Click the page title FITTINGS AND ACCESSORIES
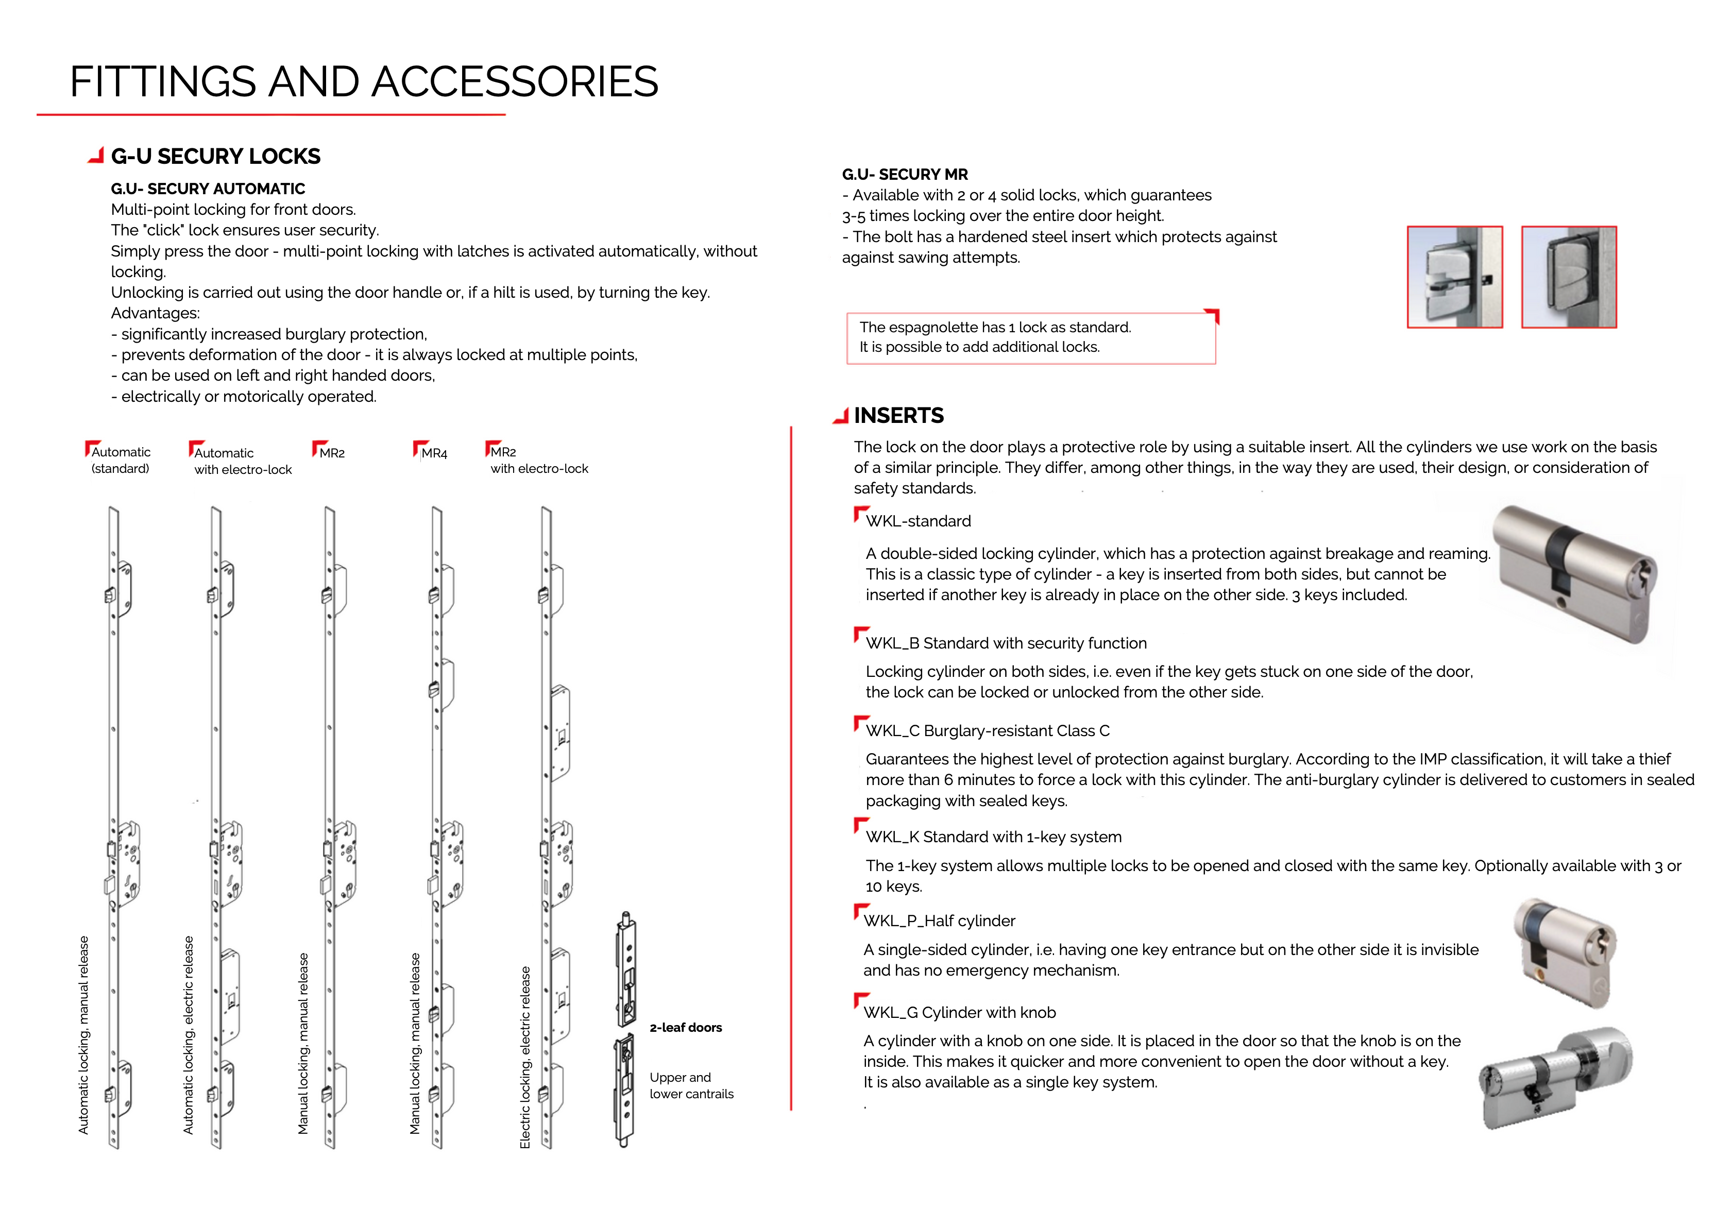point(364,81)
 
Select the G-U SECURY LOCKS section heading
point(215,156)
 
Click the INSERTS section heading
point(898,415)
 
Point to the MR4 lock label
point(434,453)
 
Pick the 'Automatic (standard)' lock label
point(121,459)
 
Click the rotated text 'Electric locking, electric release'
point(525,1057)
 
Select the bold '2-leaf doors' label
point(685,1028)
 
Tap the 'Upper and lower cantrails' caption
point(691,1085)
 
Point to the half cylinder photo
point(1565,952)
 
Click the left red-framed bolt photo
point(1454,277)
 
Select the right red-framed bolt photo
point(1569,277)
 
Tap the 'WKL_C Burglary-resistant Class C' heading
point(987,731)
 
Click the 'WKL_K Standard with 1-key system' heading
point(993,837)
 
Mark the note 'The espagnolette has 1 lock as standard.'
point(995,328)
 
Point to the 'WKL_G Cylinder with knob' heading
point(959,1012)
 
